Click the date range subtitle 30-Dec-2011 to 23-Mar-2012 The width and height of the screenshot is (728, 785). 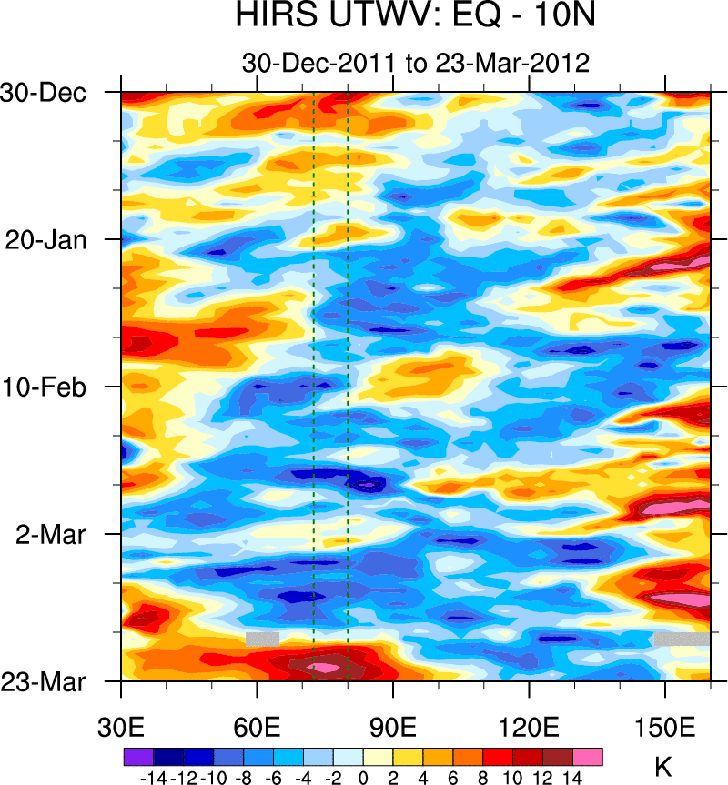click(417, 63)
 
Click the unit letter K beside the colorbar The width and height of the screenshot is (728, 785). click(663, 767)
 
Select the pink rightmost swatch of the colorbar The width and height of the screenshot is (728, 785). click(588, 755)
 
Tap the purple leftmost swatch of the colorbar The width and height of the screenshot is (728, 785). click(137, 755)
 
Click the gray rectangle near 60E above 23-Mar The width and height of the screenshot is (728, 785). click(262, 639)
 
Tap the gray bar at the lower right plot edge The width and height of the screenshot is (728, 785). click(681, 639)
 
